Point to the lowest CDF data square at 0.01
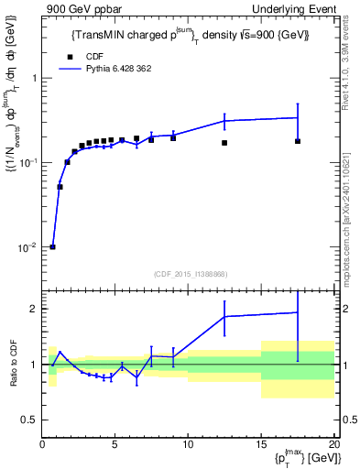(x=53, y=246)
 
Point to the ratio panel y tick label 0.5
(x=31, y=420)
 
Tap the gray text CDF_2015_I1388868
(x=190, y=274)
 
